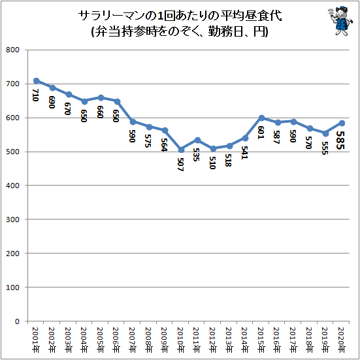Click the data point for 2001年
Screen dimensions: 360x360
(x=37, y=80)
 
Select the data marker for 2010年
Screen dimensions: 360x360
(x=181, y=150)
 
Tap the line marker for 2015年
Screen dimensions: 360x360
(x=261, y=118)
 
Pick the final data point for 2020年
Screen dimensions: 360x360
(x=342, y=123)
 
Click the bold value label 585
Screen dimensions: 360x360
(x=340, y=140)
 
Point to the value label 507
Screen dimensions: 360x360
(x=181, y=165)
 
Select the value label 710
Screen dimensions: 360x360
(x=35, y=95)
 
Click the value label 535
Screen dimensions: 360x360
(x=196, y=154)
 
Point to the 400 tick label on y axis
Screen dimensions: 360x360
(x=12, y=186)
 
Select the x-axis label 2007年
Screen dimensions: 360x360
(x=133, y=339)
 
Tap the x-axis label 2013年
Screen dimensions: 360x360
(x=229, y=339)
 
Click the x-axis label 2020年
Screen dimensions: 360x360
(x=342, y=339)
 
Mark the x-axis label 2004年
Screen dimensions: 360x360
(x=84, y=339)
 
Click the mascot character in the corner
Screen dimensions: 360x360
(x=340, y=21)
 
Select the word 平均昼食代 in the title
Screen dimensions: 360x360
(x=251, y=16)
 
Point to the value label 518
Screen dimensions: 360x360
(x=228, y=160)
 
